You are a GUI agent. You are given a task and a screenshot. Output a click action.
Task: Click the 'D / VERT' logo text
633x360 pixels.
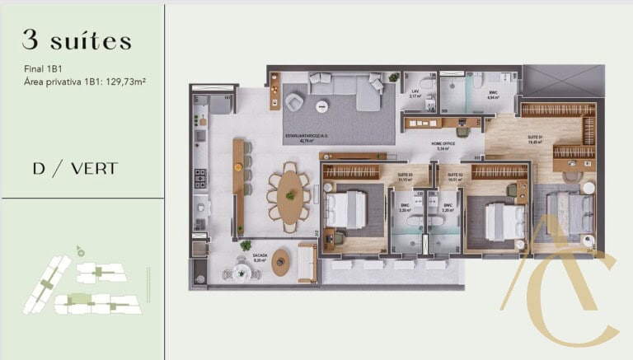click(x=75, y=169)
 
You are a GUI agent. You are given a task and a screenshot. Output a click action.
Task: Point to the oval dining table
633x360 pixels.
click(x=288, y=196)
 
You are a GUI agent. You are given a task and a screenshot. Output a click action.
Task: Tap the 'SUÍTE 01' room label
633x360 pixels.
click(x=534, y=138)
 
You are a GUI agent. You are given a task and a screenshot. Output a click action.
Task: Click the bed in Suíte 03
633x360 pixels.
click(x=346, y=211)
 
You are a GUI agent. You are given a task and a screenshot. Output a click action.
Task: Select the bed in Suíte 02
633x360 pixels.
click(x=504, y=221)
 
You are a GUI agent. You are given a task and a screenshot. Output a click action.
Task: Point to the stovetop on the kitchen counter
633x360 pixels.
click(x=199, y=177)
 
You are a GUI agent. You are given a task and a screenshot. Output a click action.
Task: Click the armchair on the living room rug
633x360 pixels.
click(x=294, y=101)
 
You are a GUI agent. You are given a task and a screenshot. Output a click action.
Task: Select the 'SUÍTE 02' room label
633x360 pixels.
click(x=454, y=175)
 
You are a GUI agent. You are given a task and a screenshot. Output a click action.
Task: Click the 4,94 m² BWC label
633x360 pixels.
click(x=492, y=96)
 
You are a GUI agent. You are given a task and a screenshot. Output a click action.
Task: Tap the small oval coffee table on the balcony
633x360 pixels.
click(x=282, y=262)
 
